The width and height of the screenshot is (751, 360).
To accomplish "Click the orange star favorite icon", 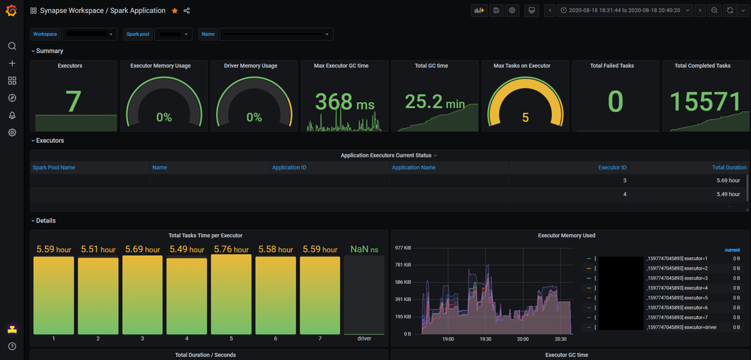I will coord(175,11).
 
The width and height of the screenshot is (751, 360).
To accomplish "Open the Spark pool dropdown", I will coord(174,34).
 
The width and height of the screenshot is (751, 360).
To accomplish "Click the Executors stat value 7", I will coord(73,101).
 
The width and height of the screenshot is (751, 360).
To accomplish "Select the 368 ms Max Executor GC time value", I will coord(344,103).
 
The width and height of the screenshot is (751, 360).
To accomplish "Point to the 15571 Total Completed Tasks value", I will coord(705,102).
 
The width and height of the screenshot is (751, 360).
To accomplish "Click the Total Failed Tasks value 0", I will coord(615,102).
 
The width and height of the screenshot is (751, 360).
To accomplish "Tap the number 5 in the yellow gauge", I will coord(525,117).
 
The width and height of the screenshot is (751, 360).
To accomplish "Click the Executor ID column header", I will coord(612,168).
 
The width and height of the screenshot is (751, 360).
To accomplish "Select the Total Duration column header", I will coord(729,168).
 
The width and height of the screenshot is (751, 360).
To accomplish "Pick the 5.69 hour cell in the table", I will coord(727,181).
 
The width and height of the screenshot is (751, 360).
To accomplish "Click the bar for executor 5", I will coord(231,294).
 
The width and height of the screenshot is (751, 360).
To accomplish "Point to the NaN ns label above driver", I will coord(364,250).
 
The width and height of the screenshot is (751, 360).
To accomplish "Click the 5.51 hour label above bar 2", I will coord(98,250).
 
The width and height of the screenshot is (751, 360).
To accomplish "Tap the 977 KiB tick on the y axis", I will coord(403,248).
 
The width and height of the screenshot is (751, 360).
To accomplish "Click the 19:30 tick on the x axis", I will coord(485,339).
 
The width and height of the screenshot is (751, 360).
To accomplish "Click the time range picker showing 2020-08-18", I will coord(624,11).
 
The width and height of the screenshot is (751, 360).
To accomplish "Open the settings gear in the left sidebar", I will coord(12,133).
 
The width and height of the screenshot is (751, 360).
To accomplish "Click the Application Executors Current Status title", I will coord(386,156).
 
